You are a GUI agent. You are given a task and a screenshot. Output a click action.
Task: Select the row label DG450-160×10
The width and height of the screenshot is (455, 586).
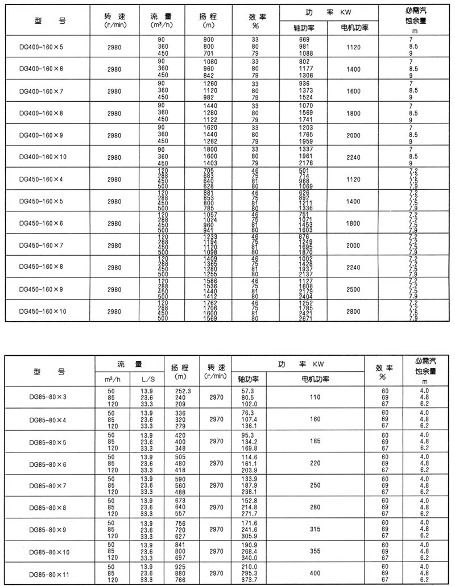(43, 311)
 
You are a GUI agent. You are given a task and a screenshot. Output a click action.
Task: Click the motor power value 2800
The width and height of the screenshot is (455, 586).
(353, 311)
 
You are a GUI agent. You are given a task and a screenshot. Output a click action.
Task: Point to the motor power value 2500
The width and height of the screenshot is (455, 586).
(353, 289)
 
